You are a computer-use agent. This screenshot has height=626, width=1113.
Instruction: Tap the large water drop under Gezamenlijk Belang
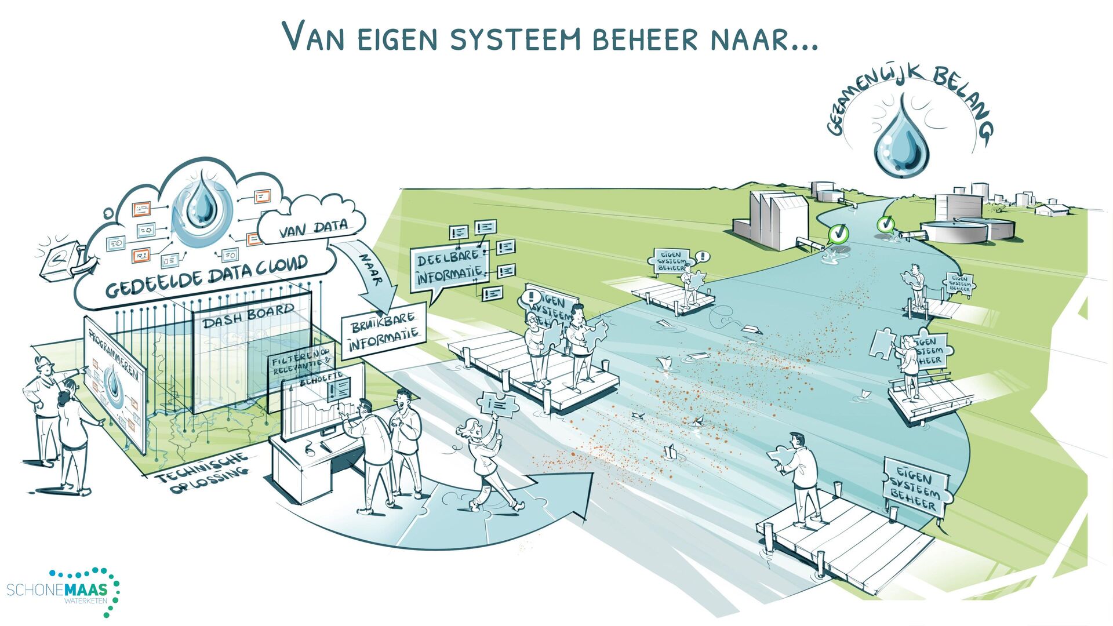[901, 139]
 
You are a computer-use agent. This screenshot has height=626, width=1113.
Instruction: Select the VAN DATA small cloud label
[314, 229]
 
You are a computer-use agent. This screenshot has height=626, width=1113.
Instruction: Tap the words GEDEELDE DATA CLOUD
[206, 278]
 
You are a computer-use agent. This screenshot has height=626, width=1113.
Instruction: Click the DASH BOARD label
[249, 316]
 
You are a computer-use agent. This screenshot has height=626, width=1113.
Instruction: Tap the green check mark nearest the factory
[838, 233]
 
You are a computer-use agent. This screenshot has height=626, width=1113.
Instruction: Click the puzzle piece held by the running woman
[498, 404]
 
